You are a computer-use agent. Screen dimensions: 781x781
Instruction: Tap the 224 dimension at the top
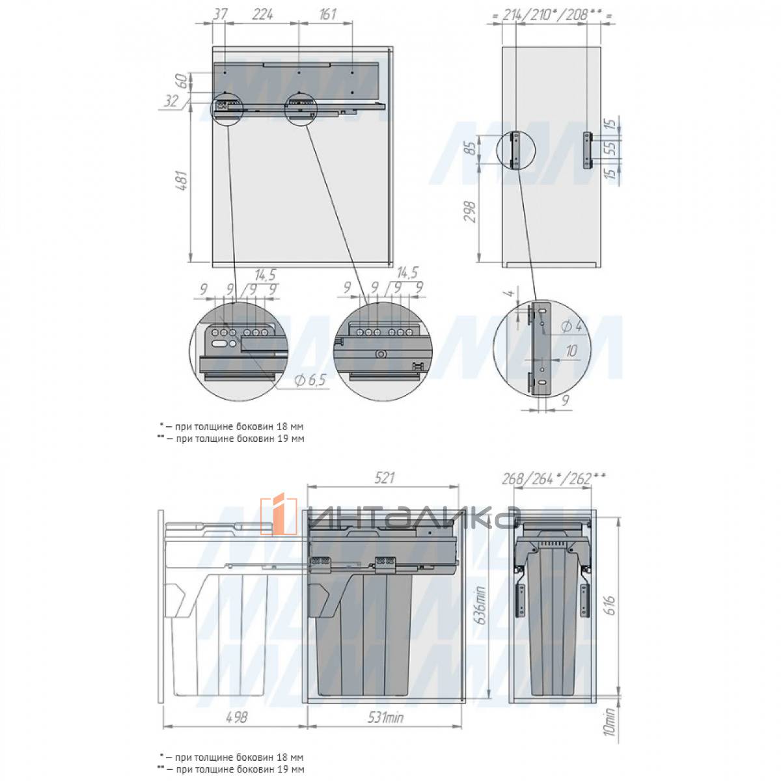tap(262, 14)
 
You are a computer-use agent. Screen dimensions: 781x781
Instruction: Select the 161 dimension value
tap(327, 14)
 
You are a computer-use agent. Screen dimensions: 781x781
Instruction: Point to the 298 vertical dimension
tap(469, 211)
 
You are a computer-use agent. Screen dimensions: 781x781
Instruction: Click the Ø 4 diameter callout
tap(572, 325)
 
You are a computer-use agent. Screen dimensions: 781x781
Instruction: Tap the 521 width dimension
tap(383, 478)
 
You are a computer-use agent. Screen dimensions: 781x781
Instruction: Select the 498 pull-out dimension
tap(236, 717)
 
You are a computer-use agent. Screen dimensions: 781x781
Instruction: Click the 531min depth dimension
tap(385, 717)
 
